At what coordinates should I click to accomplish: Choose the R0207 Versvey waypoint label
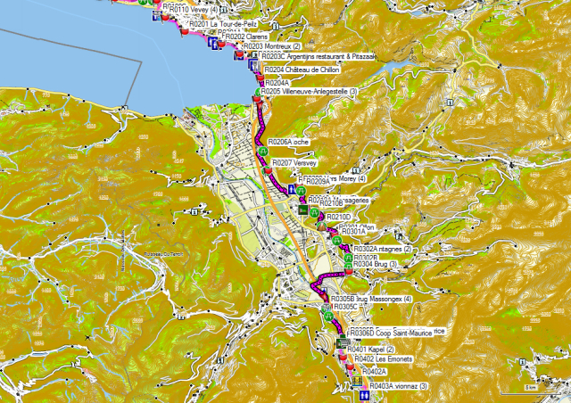pyautogui.click(x=294, y=163)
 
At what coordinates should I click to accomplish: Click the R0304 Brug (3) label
pyautogui.click(x=375, y=265)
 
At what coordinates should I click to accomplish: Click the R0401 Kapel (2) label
pyautogui.click(x=375, y=349)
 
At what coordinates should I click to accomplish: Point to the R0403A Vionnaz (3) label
pyautogui.click(x=398, y=385)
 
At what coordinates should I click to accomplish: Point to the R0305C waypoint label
pyautogui.click(x=349, y=306)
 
